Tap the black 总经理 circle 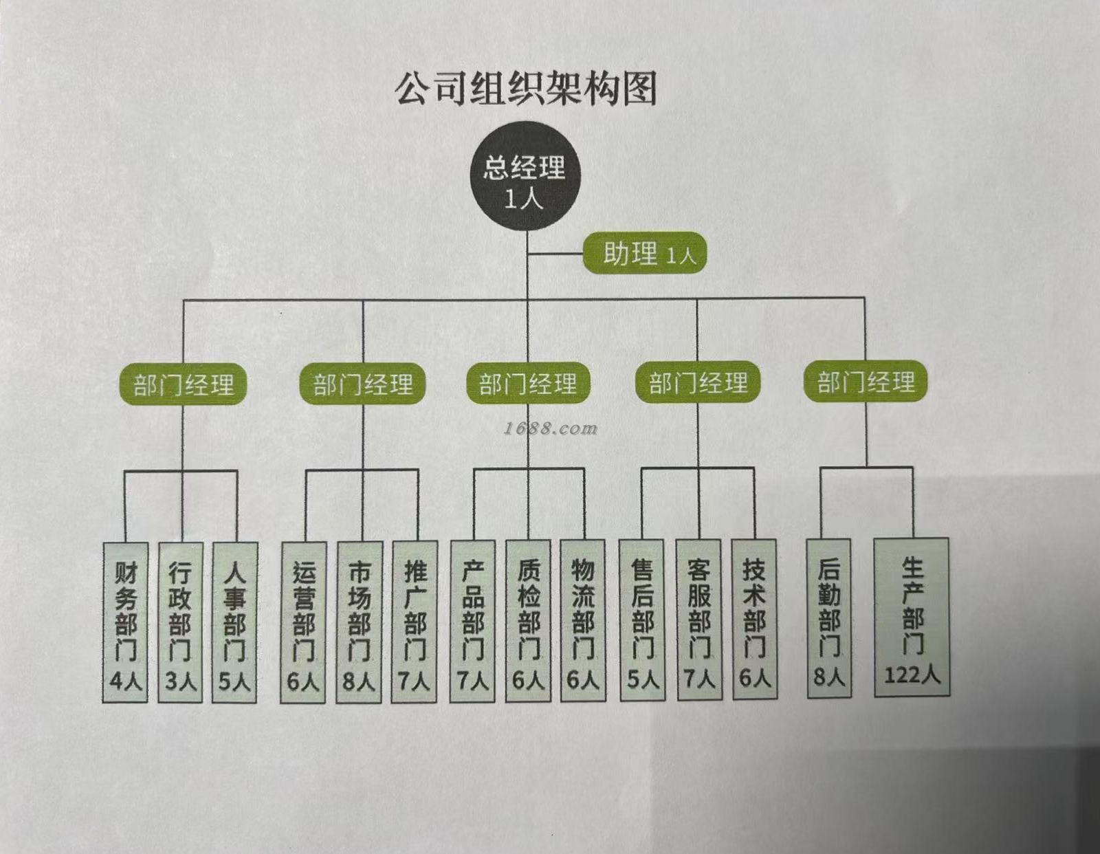click(525, 177)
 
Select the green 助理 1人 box click(645, 254)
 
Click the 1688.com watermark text click(551, 428)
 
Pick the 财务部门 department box click(125, 622)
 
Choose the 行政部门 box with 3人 click(180, 622)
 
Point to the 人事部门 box click(234, 622)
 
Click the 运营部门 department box click(303, 622)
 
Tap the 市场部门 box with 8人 click(359, 622)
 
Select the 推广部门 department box click(414, 622)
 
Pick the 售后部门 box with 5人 click(643, 620)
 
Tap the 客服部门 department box click(699, 620)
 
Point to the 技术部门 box click(754, 620)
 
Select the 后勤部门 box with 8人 click(829, 619)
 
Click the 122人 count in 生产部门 click(912, 675)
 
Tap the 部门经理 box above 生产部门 click(866, 382)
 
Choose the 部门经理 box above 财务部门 click(184, 384)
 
